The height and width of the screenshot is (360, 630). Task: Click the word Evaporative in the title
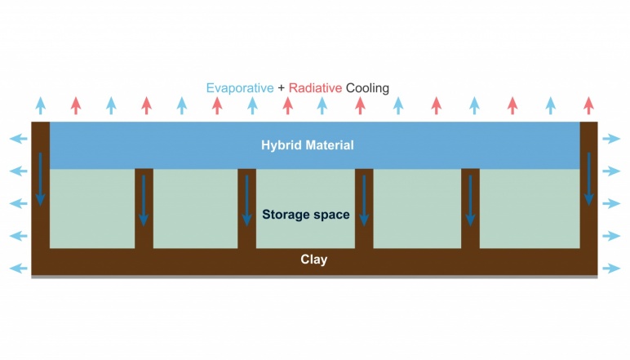click(x=240, y=87)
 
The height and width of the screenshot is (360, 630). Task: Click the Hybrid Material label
click(x=308, y=145)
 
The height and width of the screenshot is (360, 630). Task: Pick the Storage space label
click(x=306, y=215)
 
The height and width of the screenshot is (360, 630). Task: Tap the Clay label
click(x=313, y=260)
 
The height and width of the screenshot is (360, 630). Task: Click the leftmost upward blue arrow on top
click(x=40, y=105)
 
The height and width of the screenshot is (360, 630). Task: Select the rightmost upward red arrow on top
click(x=588, y=105)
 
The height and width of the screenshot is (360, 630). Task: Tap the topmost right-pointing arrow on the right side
click(x=611, y=139)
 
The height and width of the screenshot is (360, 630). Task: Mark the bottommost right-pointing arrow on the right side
click(x=611, y=269)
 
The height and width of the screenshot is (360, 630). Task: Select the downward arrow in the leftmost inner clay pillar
click(x=144, y=200)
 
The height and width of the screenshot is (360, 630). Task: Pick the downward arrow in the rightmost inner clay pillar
click(x=470, y=200)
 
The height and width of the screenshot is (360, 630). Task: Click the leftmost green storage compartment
click(x=92, y=208)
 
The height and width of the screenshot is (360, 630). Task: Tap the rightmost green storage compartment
click(x=529, y=208)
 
